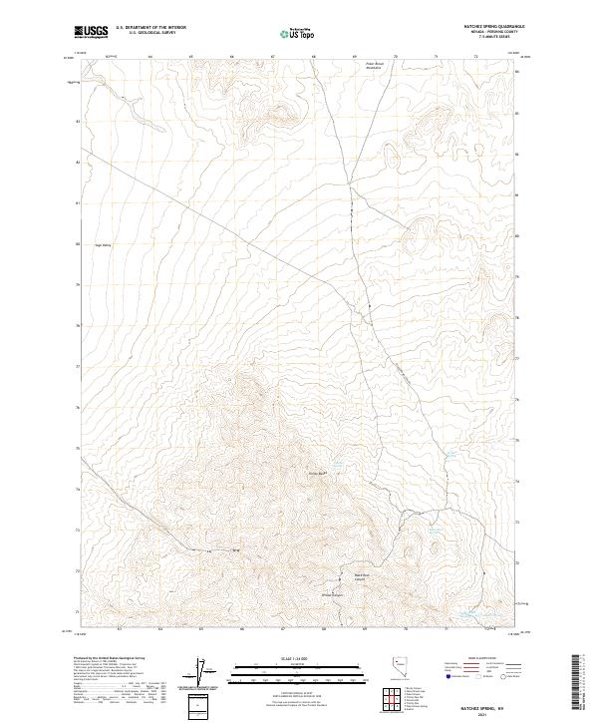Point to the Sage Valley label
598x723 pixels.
(103, 243)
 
